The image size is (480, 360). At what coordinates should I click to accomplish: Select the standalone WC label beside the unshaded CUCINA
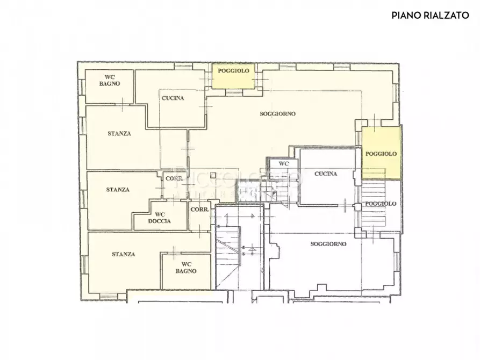point(283,163)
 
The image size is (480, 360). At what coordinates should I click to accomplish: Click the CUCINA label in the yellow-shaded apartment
point(173,98)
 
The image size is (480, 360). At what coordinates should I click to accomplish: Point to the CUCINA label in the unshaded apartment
point(326,174)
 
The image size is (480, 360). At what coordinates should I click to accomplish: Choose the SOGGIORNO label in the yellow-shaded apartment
point(278,114)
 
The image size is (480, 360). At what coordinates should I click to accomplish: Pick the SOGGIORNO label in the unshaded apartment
point(328,243)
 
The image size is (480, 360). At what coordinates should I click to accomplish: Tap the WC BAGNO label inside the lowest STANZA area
point(186,268)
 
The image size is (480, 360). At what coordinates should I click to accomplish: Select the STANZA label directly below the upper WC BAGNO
point(118,134)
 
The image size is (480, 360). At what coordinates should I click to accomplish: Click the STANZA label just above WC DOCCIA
point(117,190)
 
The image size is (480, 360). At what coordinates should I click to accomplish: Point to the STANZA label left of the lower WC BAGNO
point(124,254)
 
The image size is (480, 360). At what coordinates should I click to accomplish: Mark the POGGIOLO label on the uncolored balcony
point(381,204)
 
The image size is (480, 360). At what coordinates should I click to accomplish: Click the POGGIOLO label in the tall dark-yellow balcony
point(381,154)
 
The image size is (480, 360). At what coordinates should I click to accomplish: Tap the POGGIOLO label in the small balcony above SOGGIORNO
point(233,70)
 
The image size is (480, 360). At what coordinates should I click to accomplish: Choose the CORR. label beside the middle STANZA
point(175,178)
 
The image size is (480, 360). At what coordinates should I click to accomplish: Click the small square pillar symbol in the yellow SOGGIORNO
point(213,175)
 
